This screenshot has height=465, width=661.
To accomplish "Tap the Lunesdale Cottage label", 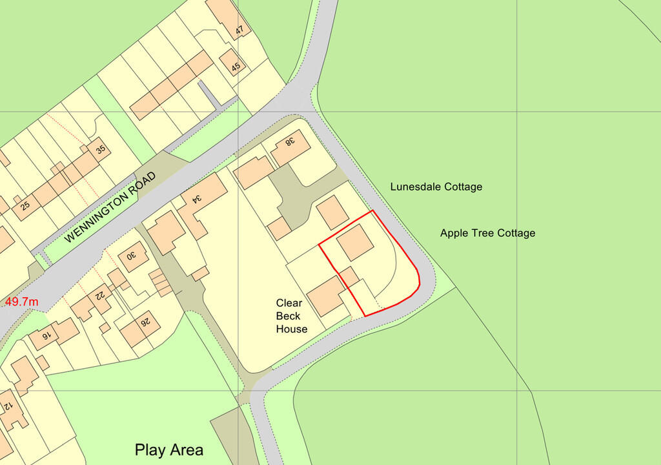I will [436, 187].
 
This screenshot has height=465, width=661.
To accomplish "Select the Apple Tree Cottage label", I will [487, 233].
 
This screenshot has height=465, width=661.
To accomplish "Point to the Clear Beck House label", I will [292, 316].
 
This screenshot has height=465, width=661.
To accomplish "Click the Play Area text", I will [169, 450].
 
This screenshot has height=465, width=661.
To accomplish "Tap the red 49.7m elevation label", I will [22, 302].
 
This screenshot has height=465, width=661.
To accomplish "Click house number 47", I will [240, 30].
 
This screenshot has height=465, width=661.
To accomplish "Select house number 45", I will [236, 66].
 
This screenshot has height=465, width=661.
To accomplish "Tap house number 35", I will [100, 150].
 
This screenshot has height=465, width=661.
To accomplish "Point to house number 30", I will [131, 256].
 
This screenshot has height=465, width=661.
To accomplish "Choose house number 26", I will [147, 321].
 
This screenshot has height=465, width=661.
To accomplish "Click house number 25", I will [25, 207].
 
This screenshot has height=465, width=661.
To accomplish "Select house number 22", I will [101, 295].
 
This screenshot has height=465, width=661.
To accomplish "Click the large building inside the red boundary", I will [354, 243].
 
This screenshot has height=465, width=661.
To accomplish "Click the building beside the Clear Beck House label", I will [326, 296].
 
